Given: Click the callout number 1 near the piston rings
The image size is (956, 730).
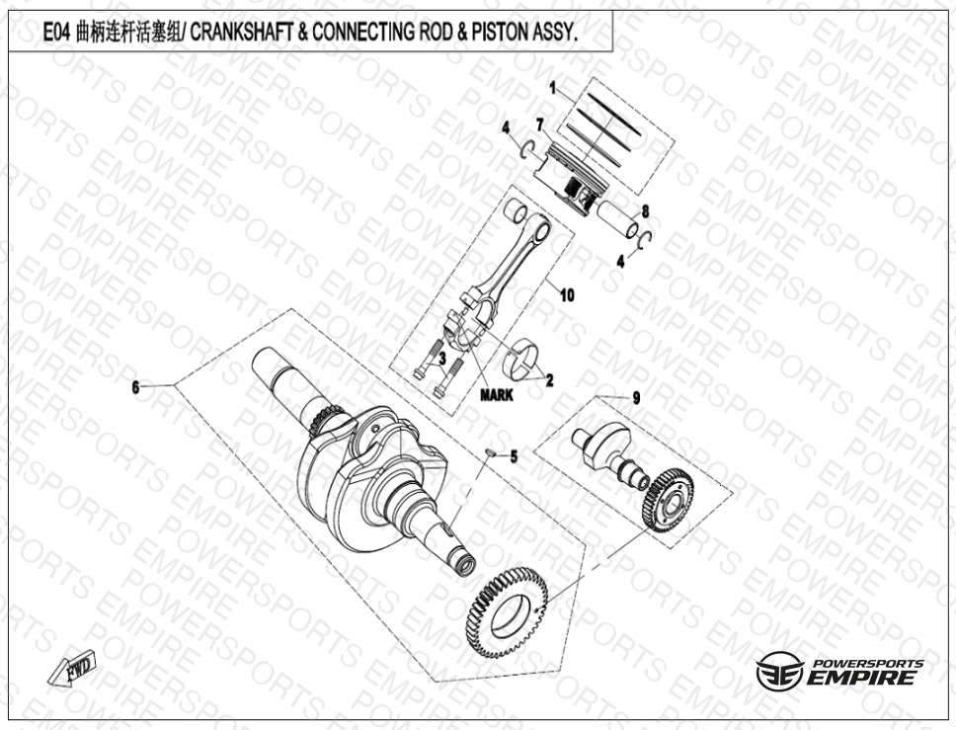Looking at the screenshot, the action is tap(553, 89).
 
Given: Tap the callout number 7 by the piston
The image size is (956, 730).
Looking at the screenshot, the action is tap(539, 125).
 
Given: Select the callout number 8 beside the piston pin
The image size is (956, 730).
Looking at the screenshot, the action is tap(645, 211).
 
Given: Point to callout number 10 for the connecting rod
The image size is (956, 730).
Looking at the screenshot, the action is tap(567, 295).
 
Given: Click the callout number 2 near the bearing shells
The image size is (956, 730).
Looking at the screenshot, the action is tap(549, 380).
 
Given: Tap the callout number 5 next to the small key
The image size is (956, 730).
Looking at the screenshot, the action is tap(514, 456).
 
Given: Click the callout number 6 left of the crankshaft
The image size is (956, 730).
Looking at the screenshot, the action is tap(136, 386).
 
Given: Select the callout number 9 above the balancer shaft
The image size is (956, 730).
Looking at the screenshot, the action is tap(637, 398).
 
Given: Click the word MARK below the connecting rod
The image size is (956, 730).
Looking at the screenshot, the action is tap(497, 395).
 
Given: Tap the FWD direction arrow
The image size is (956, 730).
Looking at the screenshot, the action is tap(72, 667).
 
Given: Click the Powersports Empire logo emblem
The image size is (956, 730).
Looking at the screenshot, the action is tap(779, 670).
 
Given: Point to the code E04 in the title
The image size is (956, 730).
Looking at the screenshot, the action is tap(57, 33).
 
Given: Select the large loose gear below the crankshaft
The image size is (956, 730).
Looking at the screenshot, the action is tap(507, 612).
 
